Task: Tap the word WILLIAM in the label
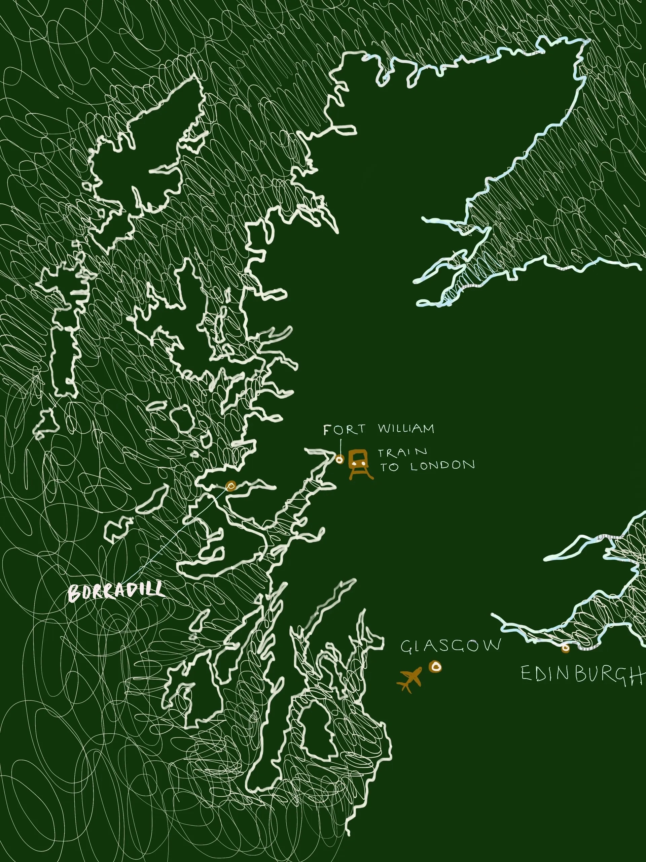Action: coord(406,429)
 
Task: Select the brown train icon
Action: coord(359,463)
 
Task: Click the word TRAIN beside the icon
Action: coord(403,453)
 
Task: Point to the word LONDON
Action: coord(442,466)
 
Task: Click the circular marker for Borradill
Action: coord(231,486)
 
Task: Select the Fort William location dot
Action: coord(339,460)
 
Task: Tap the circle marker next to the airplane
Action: coord(435,667)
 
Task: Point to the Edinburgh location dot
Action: coord(565,649)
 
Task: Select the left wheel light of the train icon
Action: coord(355,464)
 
